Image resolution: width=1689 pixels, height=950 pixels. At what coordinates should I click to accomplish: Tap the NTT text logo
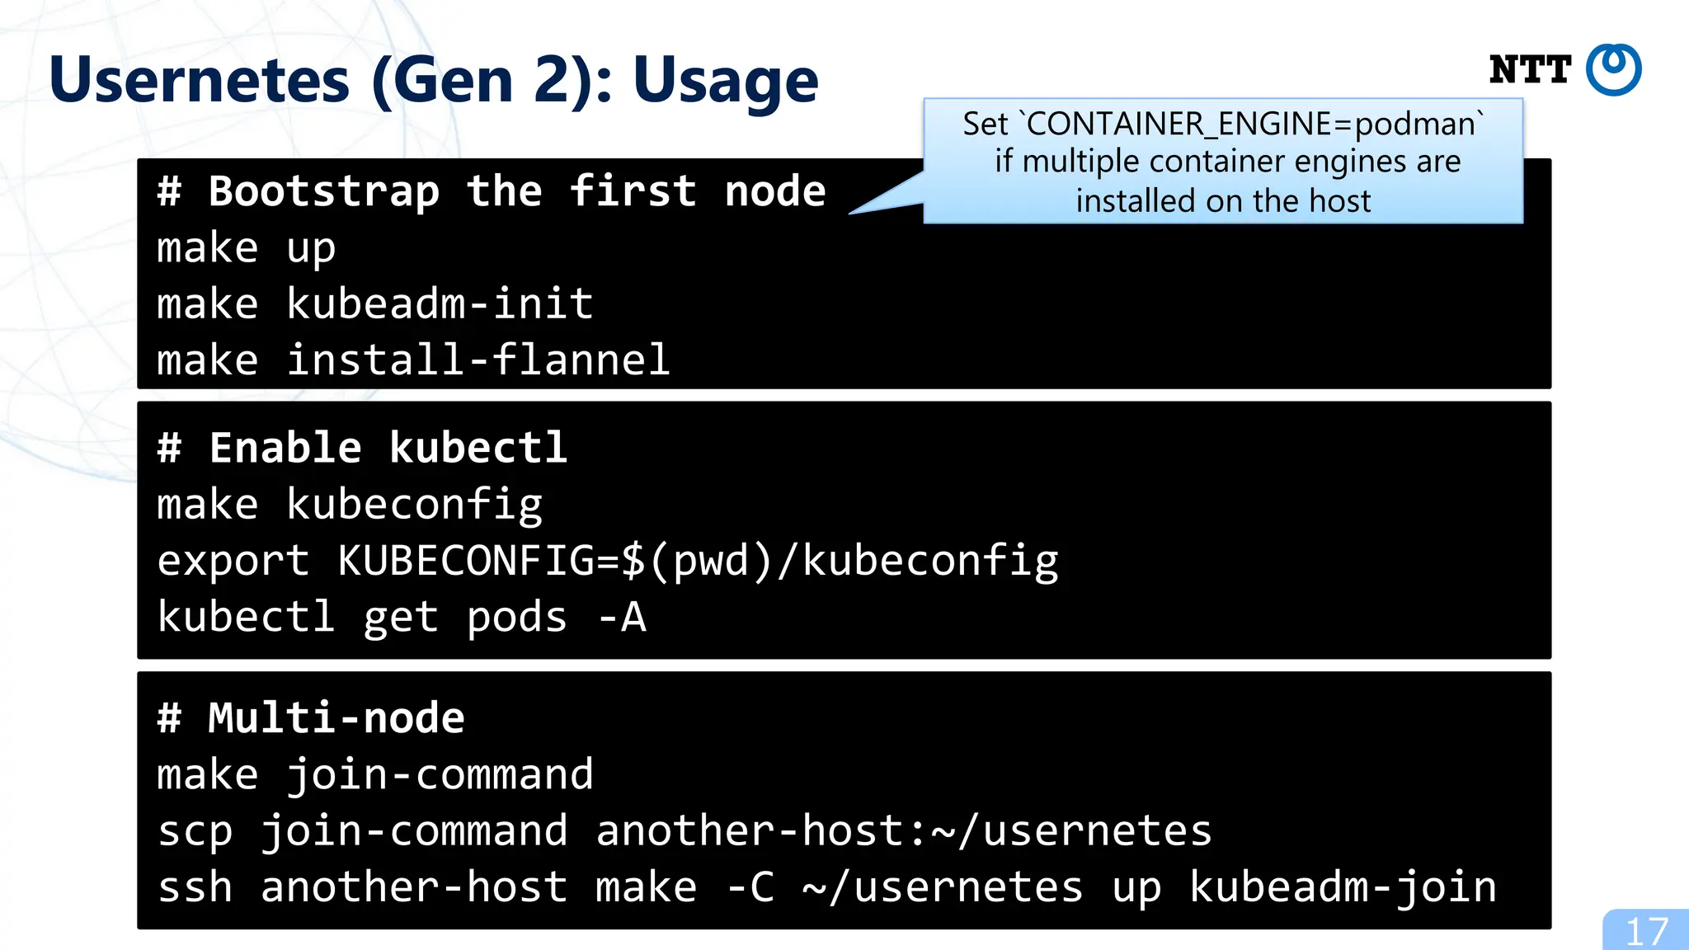(1530, 70)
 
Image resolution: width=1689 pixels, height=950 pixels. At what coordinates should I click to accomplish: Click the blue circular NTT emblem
(1614, 70)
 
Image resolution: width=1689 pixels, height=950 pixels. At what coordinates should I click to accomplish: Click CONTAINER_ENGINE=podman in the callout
(1250, 125)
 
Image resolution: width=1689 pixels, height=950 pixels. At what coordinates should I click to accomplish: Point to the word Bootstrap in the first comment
(323, 191)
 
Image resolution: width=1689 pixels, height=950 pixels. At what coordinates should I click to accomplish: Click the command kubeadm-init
(440, 303)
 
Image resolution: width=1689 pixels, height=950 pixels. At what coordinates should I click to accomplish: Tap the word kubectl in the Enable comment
(478, 449)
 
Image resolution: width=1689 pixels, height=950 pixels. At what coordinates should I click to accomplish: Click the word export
(233, 562)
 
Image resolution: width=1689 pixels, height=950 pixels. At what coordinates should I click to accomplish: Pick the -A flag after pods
(622, 618)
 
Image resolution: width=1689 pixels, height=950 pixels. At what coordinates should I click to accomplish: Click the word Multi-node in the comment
(336, 718)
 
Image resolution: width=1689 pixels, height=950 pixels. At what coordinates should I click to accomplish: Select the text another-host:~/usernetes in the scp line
(904, 830)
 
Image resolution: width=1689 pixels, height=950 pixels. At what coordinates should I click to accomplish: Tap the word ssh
(195, 887)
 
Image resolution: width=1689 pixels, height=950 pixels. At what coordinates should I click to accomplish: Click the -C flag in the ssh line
(750, 887)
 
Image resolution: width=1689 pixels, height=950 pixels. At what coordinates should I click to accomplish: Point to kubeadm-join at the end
(1343, 887)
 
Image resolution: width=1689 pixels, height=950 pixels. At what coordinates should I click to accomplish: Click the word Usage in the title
(726, 81)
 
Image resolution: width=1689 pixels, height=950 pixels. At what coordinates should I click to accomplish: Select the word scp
(195, 830)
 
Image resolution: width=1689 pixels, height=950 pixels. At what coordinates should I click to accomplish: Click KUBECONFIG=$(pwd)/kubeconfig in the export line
(698, 562)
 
